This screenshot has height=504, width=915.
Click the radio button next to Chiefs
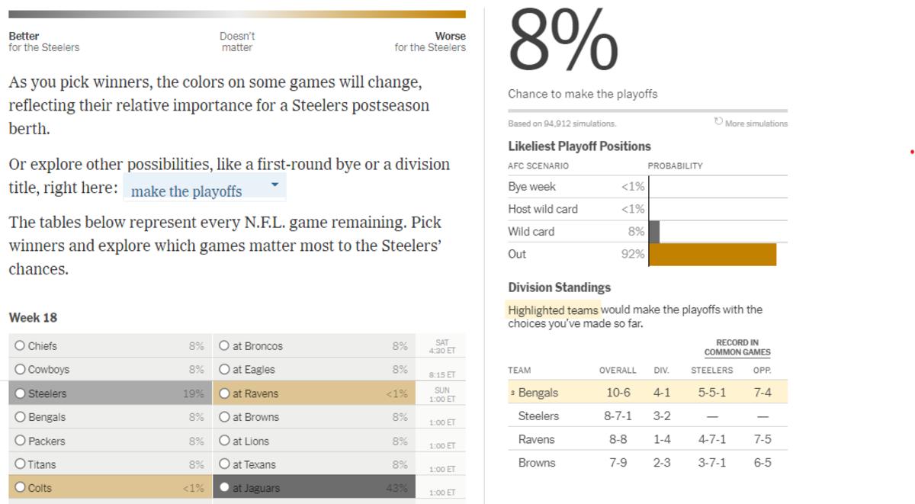20,346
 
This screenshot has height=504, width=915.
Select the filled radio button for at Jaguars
224,488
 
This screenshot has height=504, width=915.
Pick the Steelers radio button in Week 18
20,393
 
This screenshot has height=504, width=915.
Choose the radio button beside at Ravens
224,393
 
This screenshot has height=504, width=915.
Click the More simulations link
751,123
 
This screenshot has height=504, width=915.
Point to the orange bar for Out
712,255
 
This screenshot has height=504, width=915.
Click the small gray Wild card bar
654,232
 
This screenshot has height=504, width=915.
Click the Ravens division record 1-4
661,440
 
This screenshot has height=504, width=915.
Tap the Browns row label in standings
536,463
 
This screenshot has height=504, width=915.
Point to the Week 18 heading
33,317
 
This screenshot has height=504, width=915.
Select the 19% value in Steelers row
193,393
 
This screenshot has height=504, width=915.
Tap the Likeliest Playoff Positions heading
579,146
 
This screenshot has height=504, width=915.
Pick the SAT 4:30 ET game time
442,347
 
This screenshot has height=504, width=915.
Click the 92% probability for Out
633,255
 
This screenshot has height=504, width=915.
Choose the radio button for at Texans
224,464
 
